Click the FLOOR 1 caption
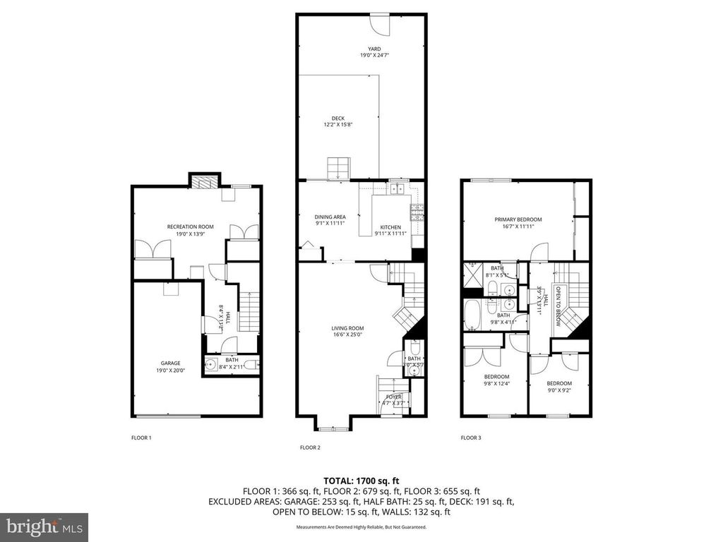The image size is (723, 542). [141, 438]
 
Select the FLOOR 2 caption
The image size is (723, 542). [310, 447]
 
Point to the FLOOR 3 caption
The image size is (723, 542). [471, 438]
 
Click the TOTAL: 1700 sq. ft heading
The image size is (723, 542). [361, 481]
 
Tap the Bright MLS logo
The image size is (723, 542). [44, 526]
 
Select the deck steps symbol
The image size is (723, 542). [337, 169]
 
